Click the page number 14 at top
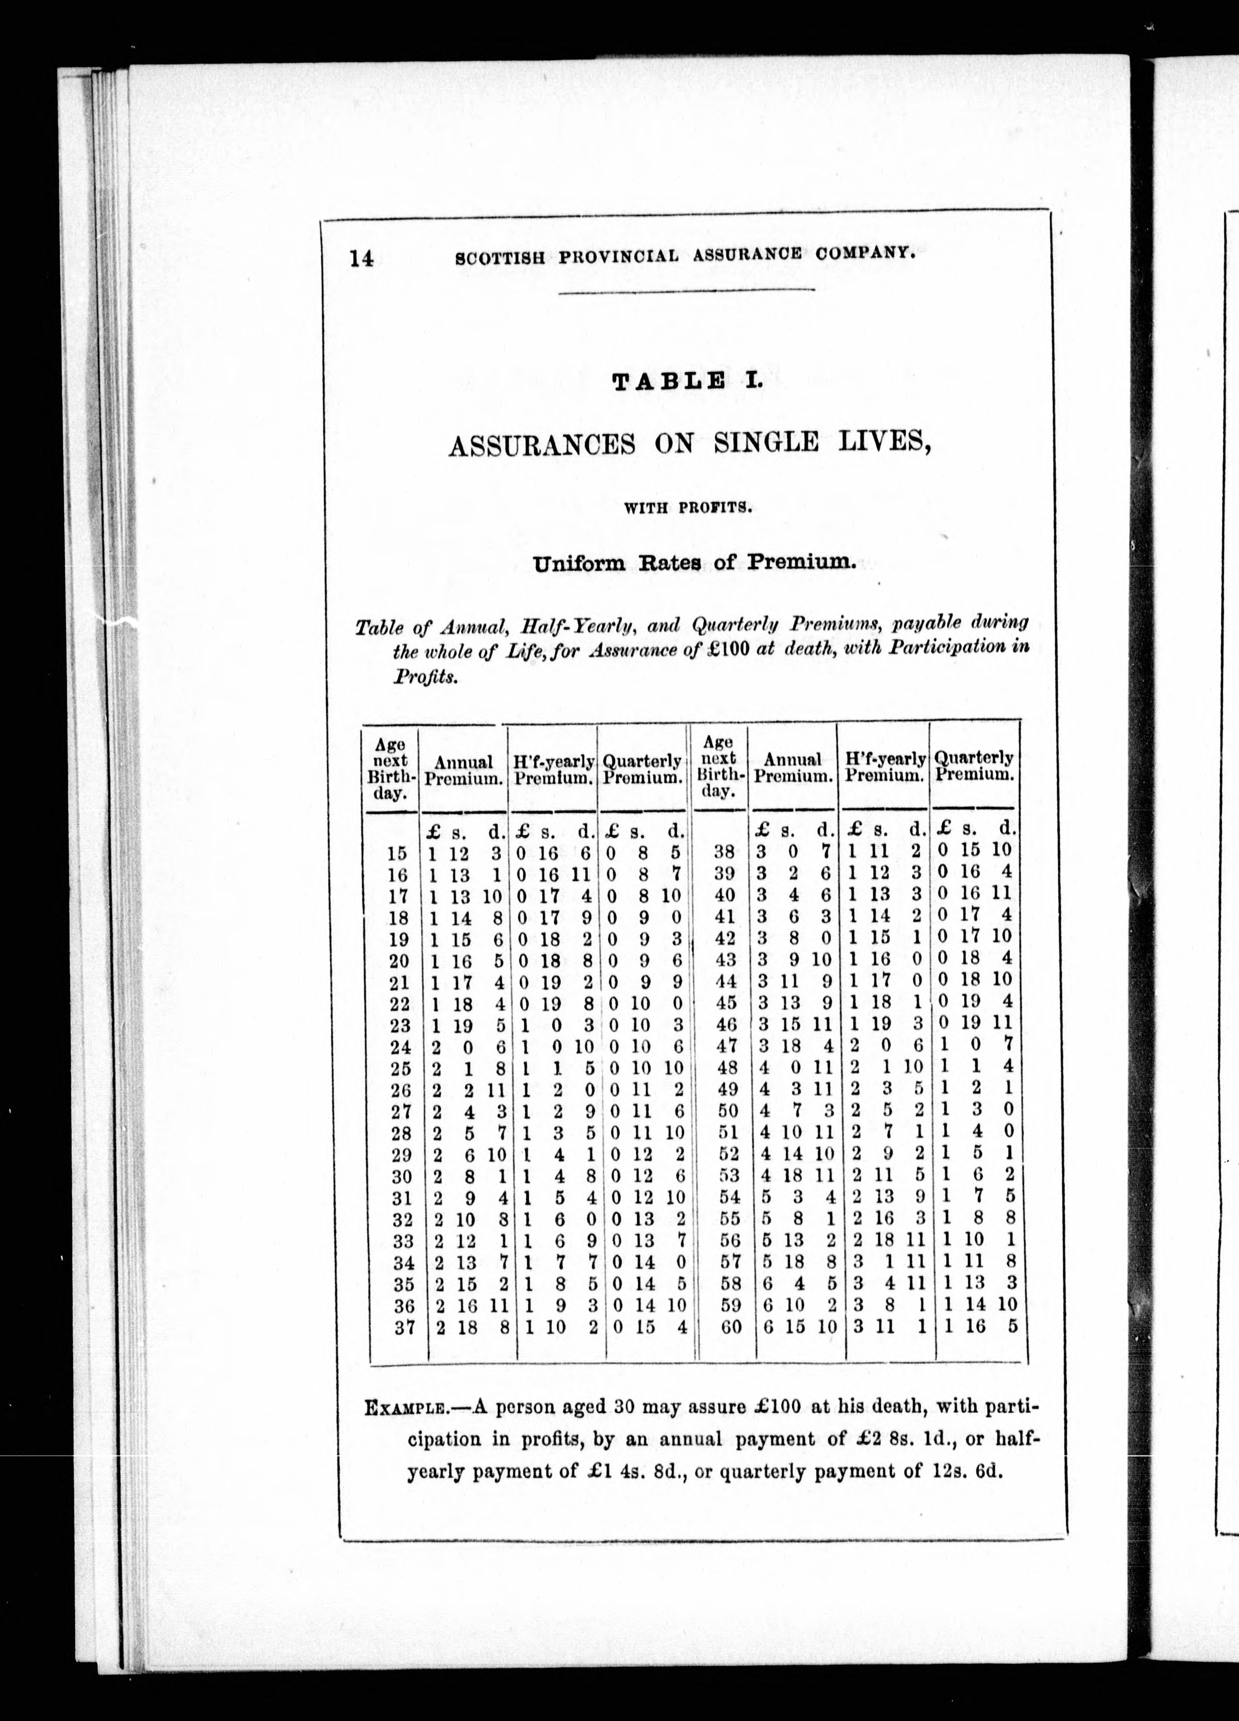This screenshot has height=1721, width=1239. click(x=361, y=259)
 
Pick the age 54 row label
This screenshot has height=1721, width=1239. click(x=729, y=1197)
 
